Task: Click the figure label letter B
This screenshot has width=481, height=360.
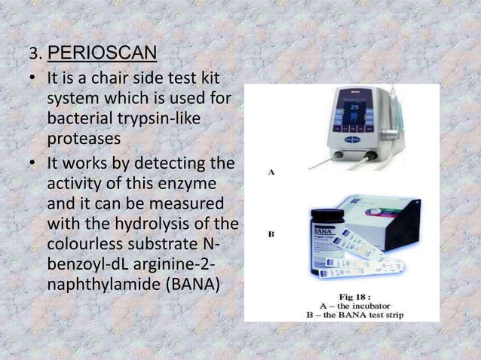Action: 271,234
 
